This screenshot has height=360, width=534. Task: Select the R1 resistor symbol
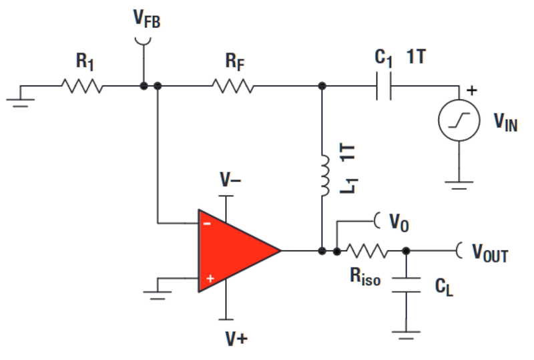tap(82, 86)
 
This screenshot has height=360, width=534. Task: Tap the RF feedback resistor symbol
tap(233, 86)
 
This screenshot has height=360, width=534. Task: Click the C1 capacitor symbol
tap(384, 86)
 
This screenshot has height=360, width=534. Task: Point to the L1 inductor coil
tap(325, 176)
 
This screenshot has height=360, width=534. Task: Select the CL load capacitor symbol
tap(405, 283)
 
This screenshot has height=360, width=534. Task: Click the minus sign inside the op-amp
tap(208, 223)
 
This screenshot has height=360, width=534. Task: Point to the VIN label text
tap(505, 122)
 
